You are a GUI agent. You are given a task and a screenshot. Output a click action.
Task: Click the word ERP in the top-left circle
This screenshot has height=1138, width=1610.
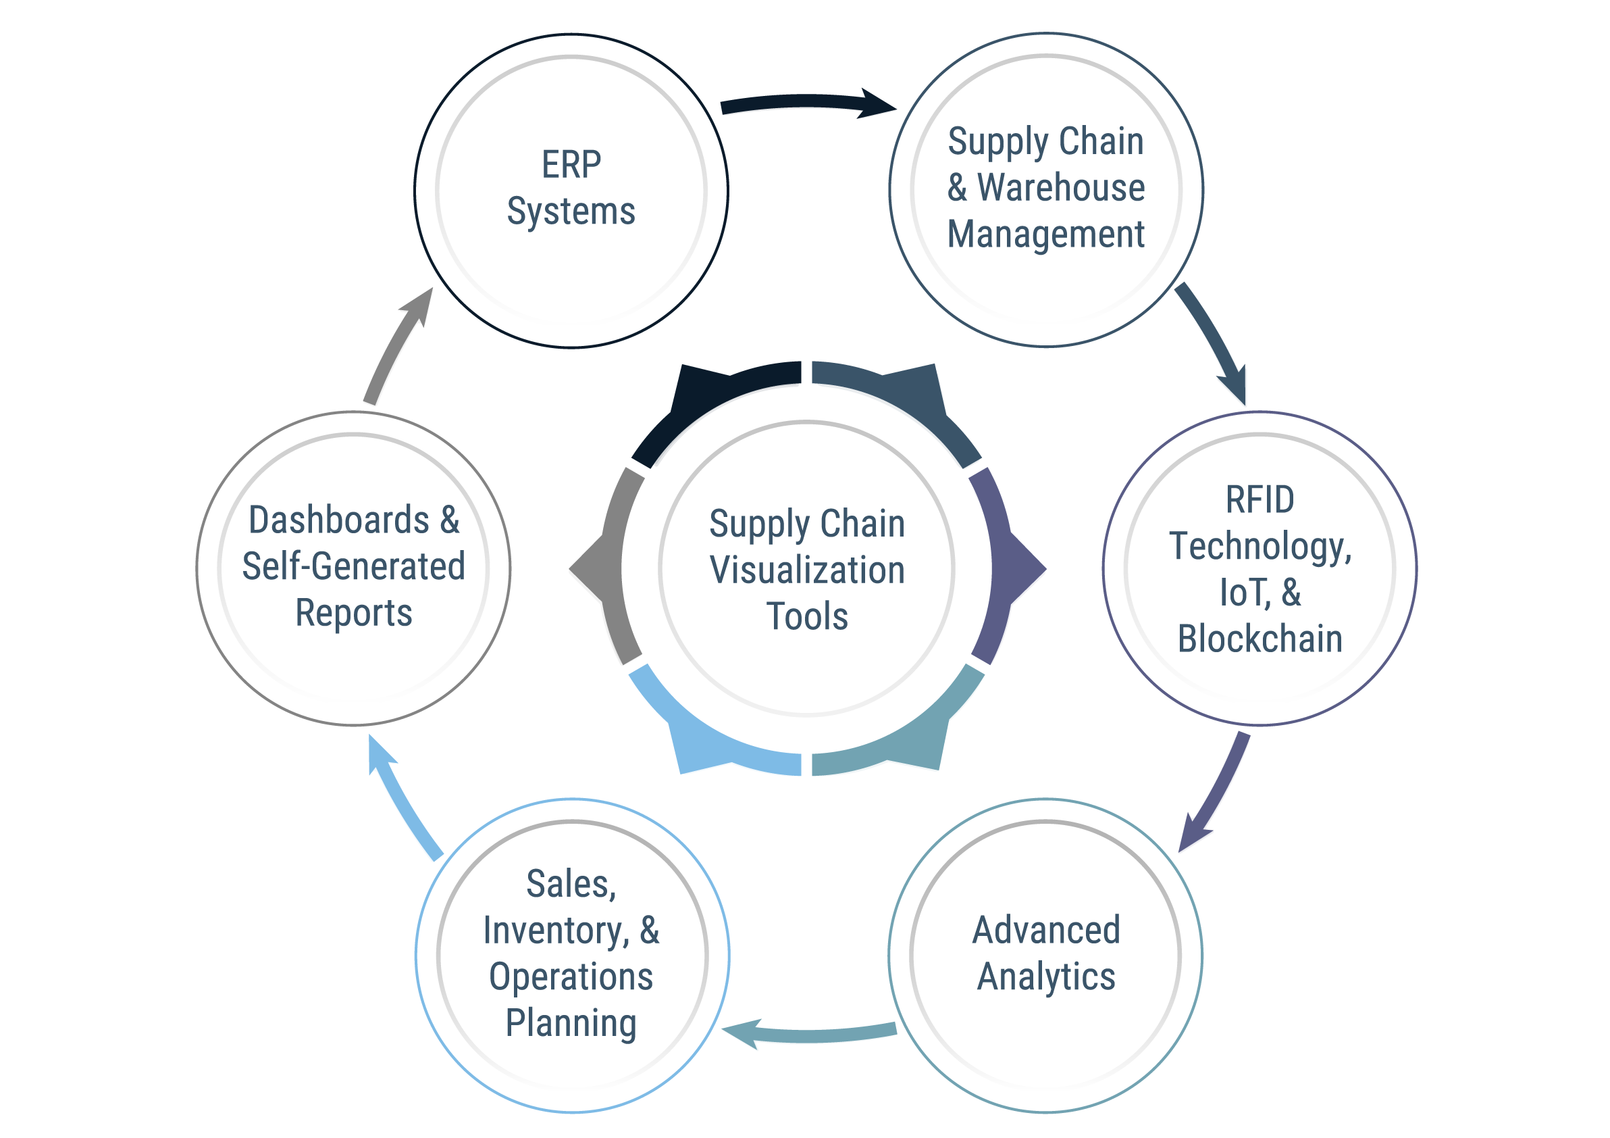(x=571, y=165)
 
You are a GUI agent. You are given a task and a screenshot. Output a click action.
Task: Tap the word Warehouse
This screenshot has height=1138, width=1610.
(x=1061, y=187)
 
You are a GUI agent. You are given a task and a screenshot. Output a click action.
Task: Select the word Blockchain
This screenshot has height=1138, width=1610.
(x=1260, y=639)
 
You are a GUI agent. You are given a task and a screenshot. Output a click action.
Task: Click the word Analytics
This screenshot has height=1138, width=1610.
(x=1045, y=976)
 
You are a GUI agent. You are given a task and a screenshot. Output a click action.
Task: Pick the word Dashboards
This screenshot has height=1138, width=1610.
(x=339, y=520)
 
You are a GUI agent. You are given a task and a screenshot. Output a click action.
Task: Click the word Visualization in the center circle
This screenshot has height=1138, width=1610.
(x=806, y=570)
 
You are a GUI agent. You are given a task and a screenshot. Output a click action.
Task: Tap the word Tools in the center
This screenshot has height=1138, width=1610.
(x=806, y=616)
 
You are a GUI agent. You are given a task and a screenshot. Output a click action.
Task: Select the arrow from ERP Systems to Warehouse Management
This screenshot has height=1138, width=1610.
(x=806, y=103)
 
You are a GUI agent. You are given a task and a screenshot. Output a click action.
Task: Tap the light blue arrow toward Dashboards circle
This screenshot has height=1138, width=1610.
(x=401, y=800)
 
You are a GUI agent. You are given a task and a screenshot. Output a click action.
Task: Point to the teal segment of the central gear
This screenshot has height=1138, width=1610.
(x=904, y=740)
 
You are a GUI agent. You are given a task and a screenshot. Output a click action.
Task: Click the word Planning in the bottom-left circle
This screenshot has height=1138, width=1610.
(x=571, y=1023)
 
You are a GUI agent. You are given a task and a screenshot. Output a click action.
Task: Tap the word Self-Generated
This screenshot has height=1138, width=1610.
(x=353, y=566)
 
